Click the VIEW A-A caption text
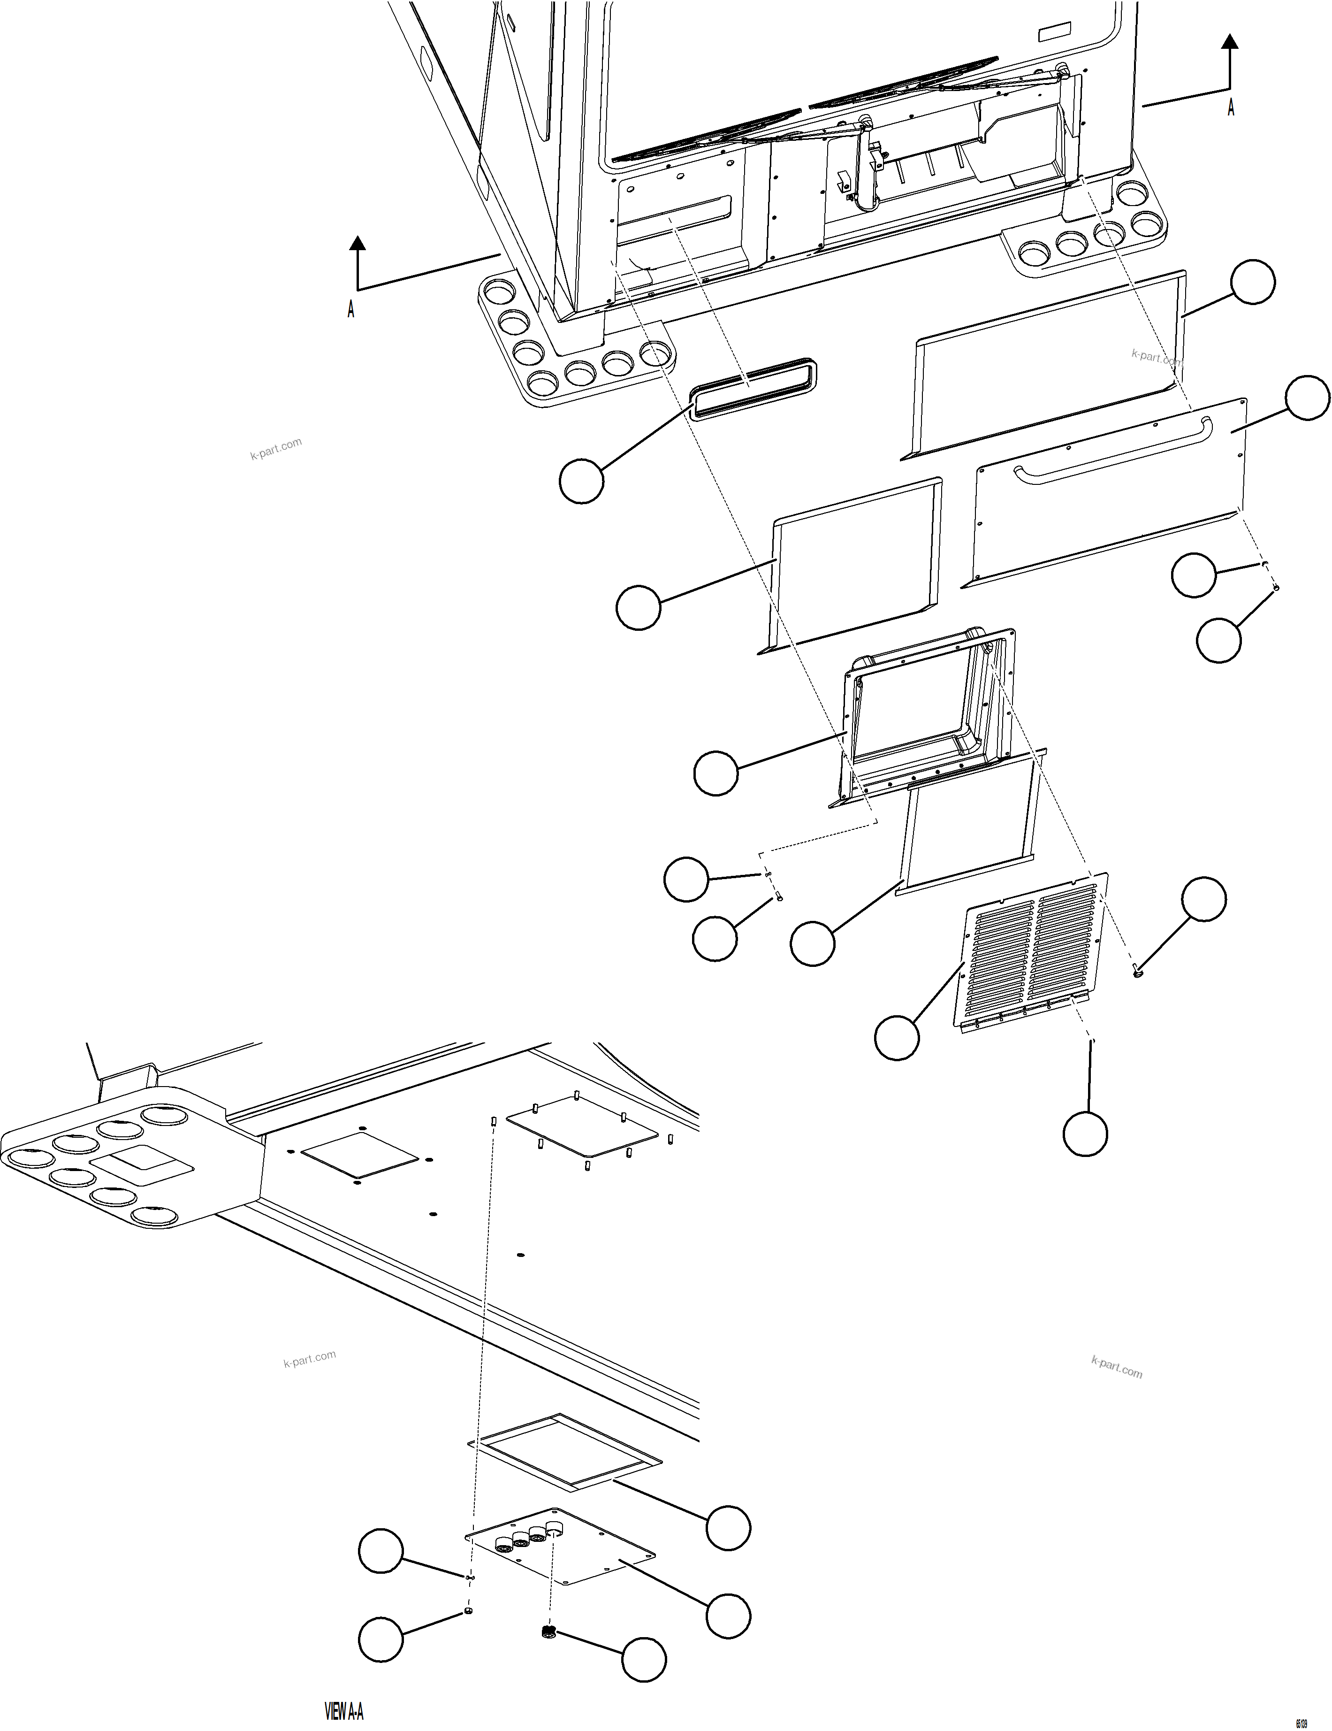pos(344,1711)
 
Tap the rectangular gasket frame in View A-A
pos(564,1450)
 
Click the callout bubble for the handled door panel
pos(1308,398)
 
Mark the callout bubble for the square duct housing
pos(715,773)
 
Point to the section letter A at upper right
pos(1231,108)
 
